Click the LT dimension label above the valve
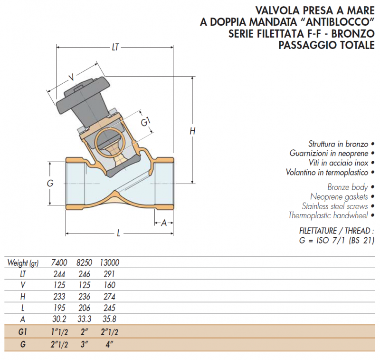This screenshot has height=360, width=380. tap(115, 47)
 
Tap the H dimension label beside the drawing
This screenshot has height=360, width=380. tap(192, 131)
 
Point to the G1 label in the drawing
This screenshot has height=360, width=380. tap(145, 121)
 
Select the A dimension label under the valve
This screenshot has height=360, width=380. tap(164, 223)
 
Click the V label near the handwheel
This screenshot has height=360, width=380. tap(71, 77)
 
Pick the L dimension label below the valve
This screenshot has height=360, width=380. tap(118, 234)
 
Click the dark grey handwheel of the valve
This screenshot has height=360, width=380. tap(83, 95)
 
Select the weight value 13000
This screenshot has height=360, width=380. tap(110, 263)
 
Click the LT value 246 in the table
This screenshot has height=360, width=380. tap(85, 274)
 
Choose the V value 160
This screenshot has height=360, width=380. tap(109, 285)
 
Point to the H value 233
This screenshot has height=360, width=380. tap(59, 296)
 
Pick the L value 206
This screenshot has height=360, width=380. tap(85, 308)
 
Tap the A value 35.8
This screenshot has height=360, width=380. tap(109, 319)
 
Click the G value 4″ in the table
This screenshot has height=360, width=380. tap(110, 344)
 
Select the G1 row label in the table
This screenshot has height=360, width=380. tap(22, 331)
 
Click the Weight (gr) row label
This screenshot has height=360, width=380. tap(23, 263)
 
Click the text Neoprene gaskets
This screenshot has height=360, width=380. tap(339, 197)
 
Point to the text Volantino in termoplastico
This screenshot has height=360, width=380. tap(327, 172)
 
